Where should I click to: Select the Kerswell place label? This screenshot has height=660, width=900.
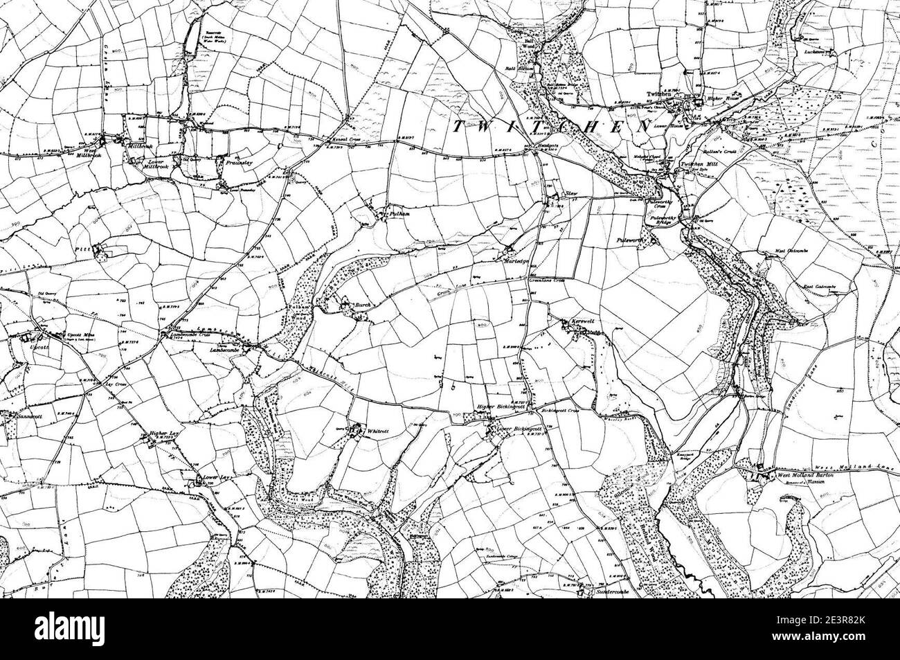pyautogui.click(x=586, y=323)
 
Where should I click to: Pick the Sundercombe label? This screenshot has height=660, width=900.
pyautogui.click(x=604, y=593)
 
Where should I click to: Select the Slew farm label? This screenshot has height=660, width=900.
pyautogui.click(x=573, y=194)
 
